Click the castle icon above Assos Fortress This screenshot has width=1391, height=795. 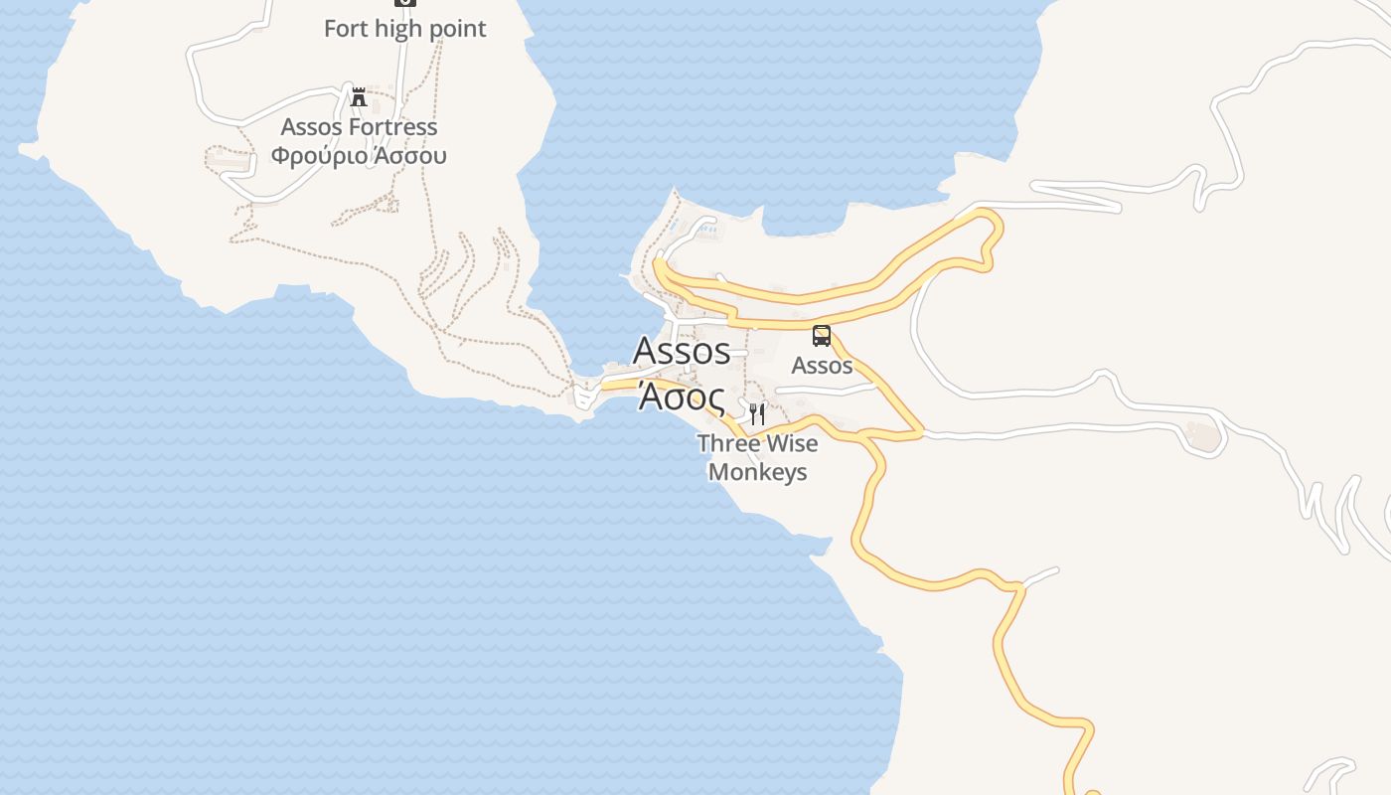point(359,97)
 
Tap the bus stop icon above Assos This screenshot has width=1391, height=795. point(822,336)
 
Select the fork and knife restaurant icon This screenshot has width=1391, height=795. point(757,413)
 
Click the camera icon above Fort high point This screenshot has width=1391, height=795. point(405,3)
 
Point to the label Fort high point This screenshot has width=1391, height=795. point(405,29)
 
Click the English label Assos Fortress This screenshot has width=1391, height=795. point(359,127)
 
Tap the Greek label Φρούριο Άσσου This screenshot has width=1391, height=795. point(359,156)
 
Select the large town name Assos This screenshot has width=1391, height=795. point(682,351)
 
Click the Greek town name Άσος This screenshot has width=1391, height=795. point(682,396)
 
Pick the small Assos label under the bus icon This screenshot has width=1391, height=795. point(822,366)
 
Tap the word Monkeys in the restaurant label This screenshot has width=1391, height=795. point(757,472)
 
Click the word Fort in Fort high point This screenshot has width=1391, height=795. point(346,29)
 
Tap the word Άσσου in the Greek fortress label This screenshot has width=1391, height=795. point(409,156)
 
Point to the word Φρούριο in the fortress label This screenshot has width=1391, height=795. point(316,156)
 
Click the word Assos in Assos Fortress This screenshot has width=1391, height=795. point(312,127)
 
